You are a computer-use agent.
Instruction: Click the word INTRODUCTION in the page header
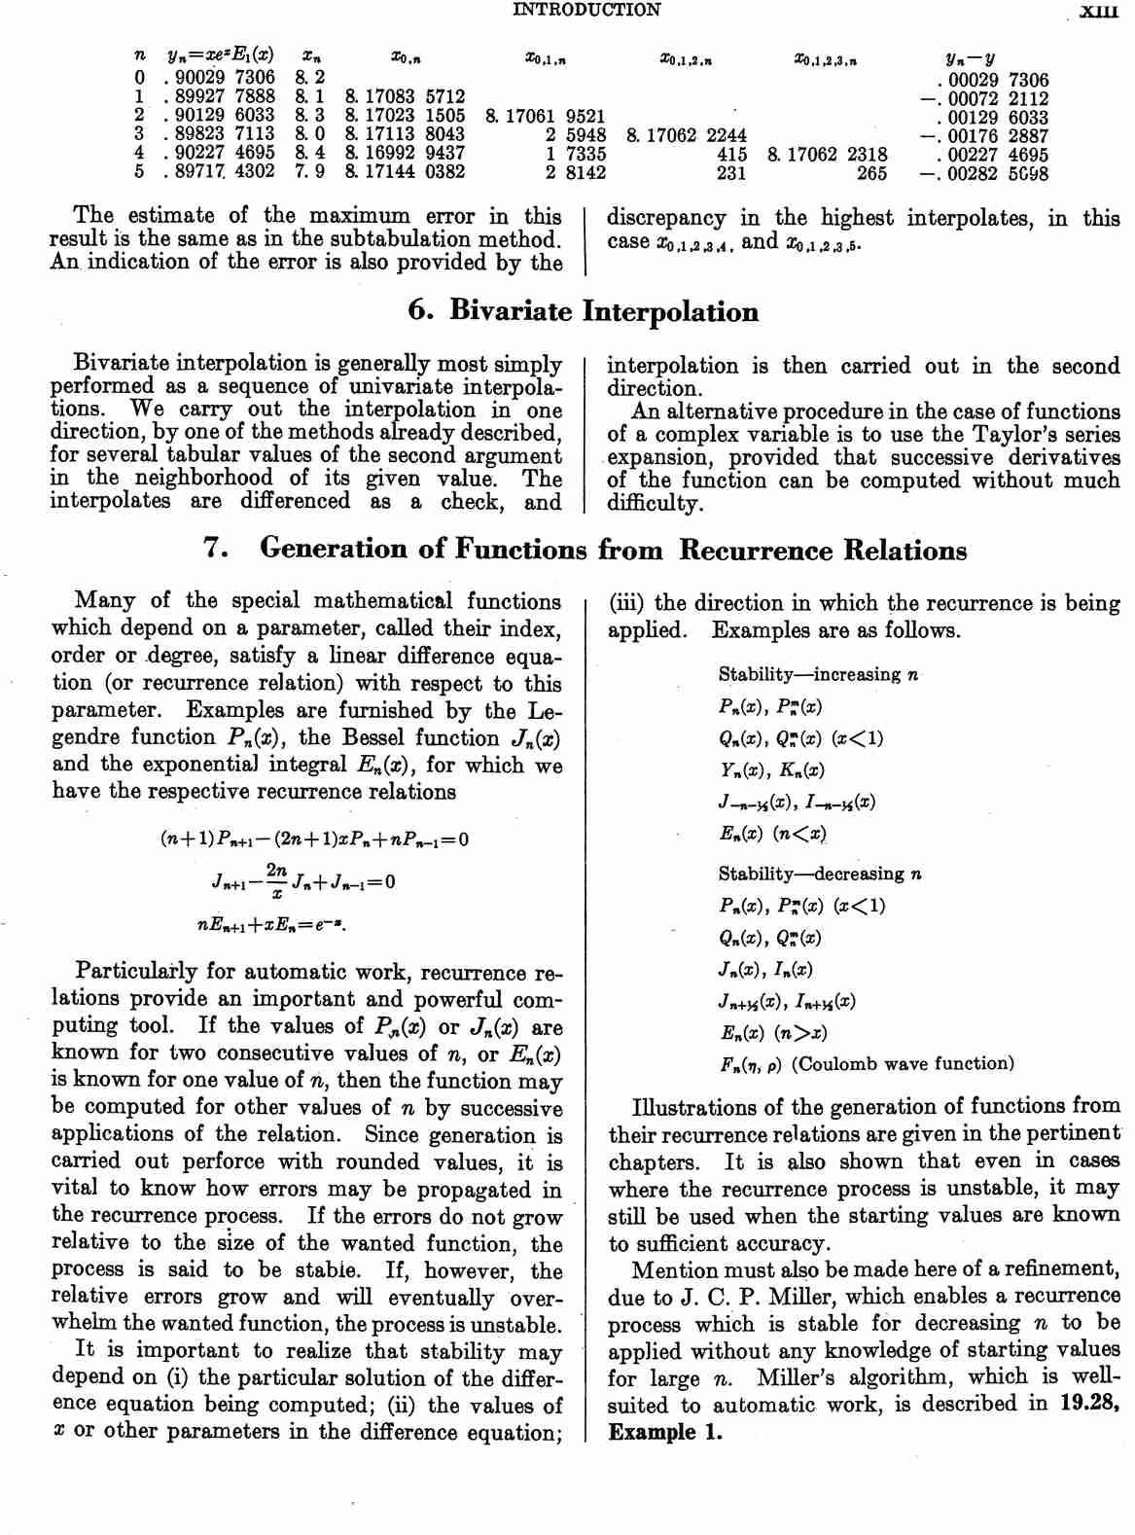(585, 10)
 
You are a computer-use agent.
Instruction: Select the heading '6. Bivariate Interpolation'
(584, 311)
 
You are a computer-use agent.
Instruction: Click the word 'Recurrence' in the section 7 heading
(756, 551)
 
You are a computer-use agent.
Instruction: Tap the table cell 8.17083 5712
(405, 96)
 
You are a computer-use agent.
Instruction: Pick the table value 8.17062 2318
(827, 154)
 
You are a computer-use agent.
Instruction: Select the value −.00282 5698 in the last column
(983, 174)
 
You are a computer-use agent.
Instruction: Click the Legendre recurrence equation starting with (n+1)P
(314, 839)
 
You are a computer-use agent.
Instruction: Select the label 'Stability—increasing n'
(818, 675)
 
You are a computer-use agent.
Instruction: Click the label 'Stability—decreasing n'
(820, 874)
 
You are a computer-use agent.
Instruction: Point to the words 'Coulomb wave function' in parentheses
(902, 1064)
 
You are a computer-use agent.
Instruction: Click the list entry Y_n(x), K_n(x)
(771, 770)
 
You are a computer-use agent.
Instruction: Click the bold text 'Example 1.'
(665, 1432)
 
